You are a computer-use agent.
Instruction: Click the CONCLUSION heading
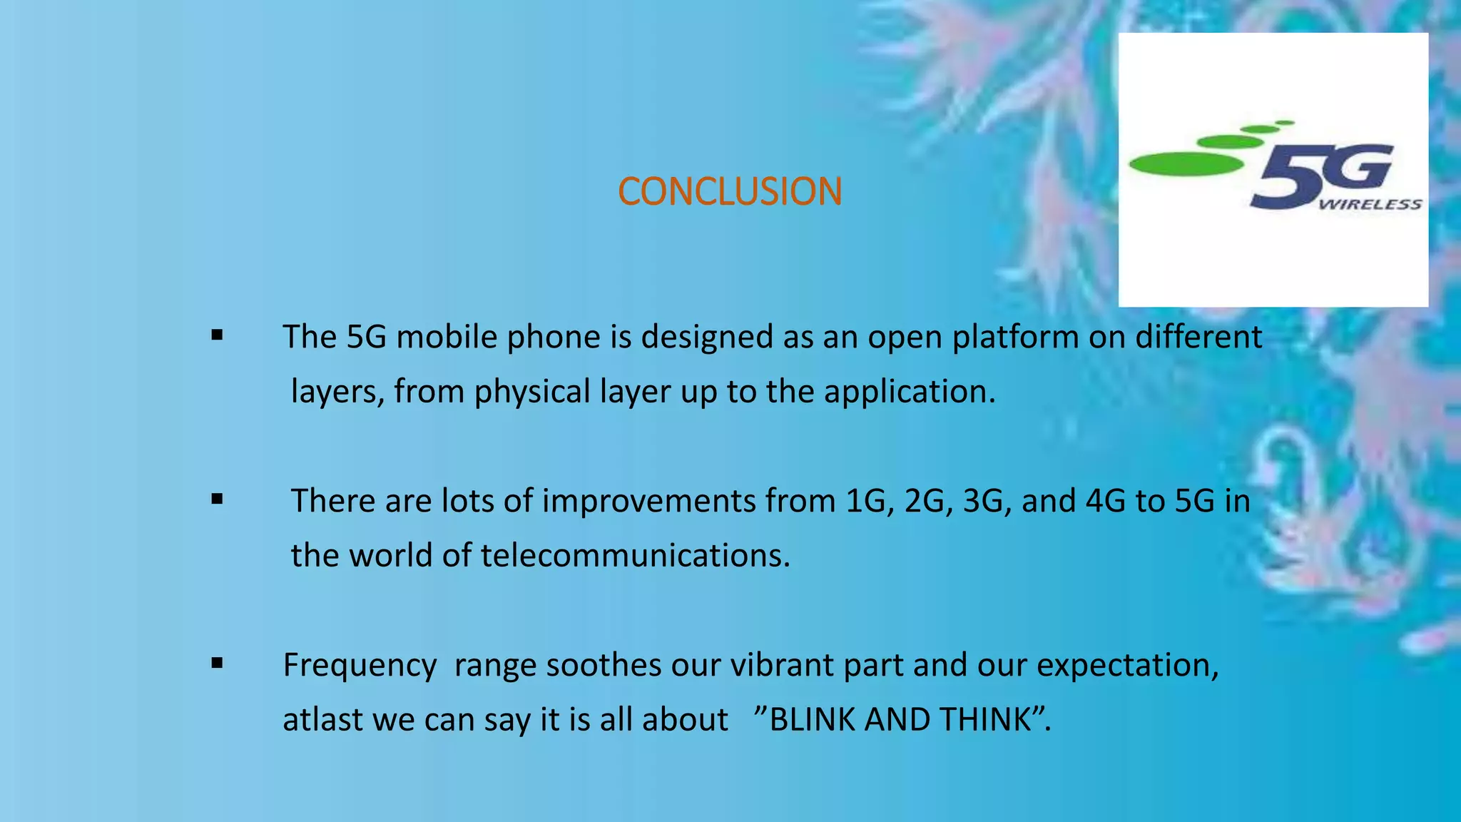coord(730,192)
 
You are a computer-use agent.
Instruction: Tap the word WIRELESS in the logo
coord(1370,205)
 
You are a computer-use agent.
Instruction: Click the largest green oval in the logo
coord(1186,164)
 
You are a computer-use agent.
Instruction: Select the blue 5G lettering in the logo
coord(1320,175)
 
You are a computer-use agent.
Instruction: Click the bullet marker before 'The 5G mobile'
coord(218,335)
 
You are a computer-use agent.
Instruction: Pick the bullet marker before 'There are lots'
coord(218,499)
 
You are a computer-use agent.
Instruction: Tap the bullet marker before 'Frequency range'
coord(218,664)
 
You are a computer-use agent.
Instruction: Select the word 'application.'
coord(910,392)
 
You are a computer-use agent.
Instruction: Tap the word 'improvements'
coord(648,501)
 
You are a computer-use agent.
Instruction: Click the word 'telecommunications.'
coord(635,556)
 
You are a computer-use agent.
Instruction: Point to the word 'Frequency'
coord(360,666)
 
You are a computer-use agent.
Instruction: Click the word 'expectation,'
coord(1128,666)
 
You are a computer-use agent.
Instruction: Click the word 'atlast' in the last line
coord(323,720)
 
